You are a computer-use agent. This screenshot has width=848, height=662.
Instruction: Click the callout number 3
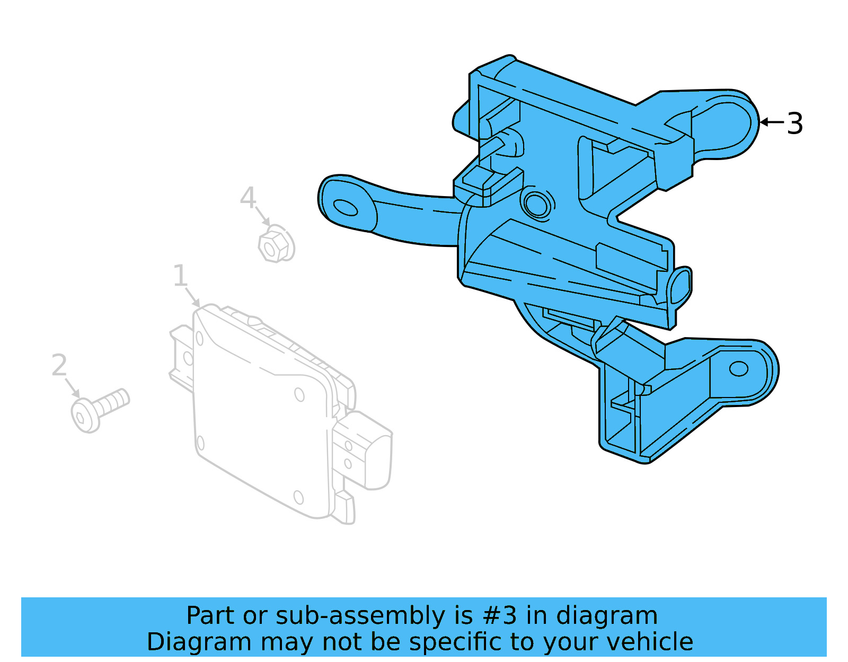pyautogui.click(x=794, y=123)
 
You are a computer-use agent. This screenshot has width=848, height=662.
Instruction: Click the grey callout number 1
pyautogui.click(x=180, y=276)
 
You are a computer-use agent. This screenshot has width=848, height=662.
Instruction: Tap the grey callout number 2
pyautogui.click(x=59, y=365)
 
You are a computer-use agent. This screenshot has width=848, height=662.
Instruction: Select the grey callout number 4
pyautogui.click(x=248, y=198)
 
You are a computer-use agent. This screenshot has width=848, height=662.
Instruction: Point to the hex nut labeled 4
pyautogui.click(x=276, y=244)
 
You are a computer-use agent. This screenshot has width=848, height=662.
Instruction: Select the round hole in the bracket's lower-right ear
pyautogui.click(x=738, y=369)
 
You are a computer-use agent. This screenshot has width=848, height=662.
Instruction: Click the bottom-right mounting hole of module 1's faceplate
pyautogui.click(x=298, y=497)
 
